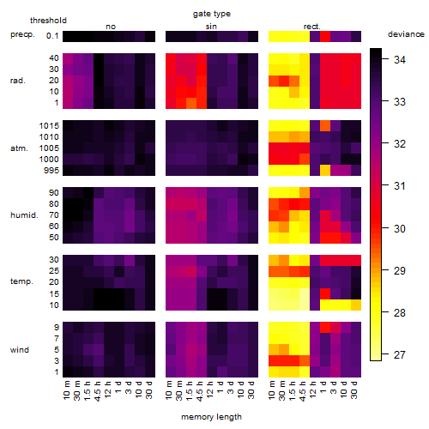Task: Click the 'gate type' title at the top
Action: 212,14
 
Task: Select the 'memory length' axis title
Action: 211,417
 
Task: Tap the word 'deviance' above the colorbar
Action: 406,34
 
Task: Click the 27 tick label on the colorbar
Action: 400,355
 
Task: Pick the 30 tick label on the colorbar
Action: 400,228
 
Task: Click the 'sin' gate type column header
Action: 211,27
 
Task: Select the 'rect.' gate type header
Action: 311,27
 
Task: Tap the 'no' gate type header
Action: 111,27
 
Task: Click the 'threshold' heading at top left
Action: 48,21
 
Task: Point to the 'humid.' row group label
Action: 24,215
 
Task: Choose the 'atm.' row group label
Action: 19,148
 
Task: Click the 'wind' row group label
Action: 20,349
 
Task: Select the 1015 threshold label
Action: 49,126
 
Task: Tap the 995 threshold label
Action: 51,171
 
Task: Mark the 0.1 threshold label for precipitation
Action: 52,36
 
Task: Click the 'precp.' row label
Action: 22,34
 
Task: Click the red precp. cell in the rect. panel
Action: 325,37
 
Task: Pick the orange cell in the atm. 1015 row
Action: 325,126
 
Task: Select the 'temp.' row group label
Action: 21,281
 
